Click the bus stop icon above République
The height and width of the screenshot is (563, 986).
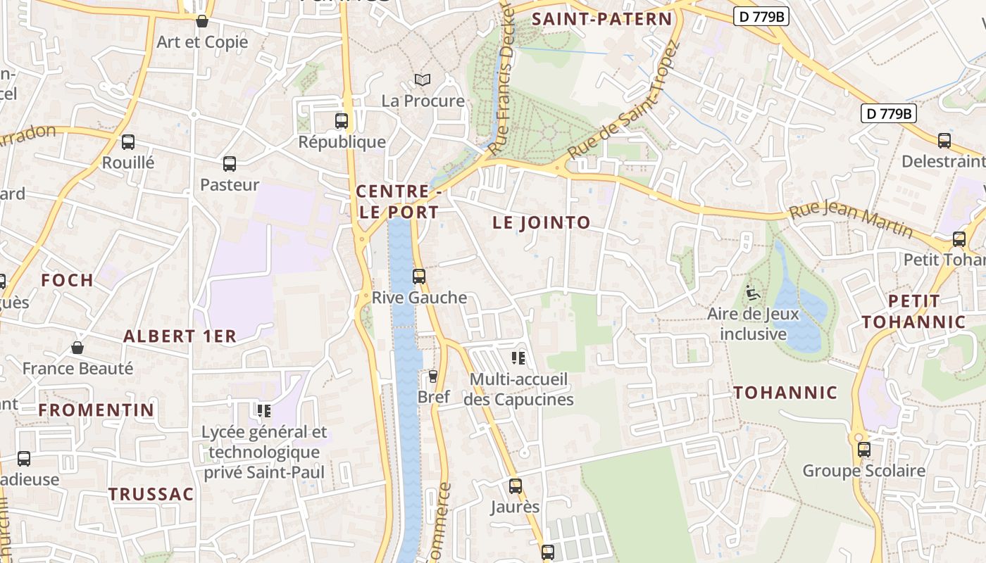pos(342,121)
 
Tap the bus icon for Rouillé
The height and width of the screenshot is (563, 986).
pos(128,142)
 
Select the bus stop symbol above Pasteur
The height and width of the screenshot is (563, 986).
pos(230,164)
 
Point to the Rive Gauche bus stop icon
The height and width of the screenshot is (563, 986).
pos(419,277)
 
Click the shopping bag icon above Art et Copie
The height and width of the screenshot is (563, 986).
pos(202,21)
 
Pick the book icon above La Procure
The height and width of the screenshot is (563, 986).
pos(422,80)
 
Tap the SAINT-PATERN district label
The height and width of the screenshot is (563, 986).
pos(602,19)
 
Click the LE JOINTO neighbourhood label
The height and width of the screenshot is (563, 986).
pos(541,223)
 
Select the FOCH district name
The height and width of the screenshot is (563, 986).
pos(67,280)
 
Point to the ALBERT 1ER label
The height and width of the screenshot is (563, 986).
pos(180,336)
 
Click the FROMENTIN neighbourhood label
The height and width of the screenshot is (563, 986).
pos(96,410)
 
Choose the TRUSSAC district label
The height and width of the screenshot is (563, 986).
pos(151,494)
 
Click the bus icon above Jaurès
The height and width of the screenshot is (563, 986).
pos(516,486)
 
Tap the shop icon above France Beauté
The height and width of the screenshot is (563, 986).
pos(77,348)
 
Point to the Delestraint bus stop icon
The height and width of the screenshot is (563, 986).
pos(944,141)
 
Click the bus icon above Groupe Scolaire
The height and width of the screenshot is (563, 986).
pos(864,450)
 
